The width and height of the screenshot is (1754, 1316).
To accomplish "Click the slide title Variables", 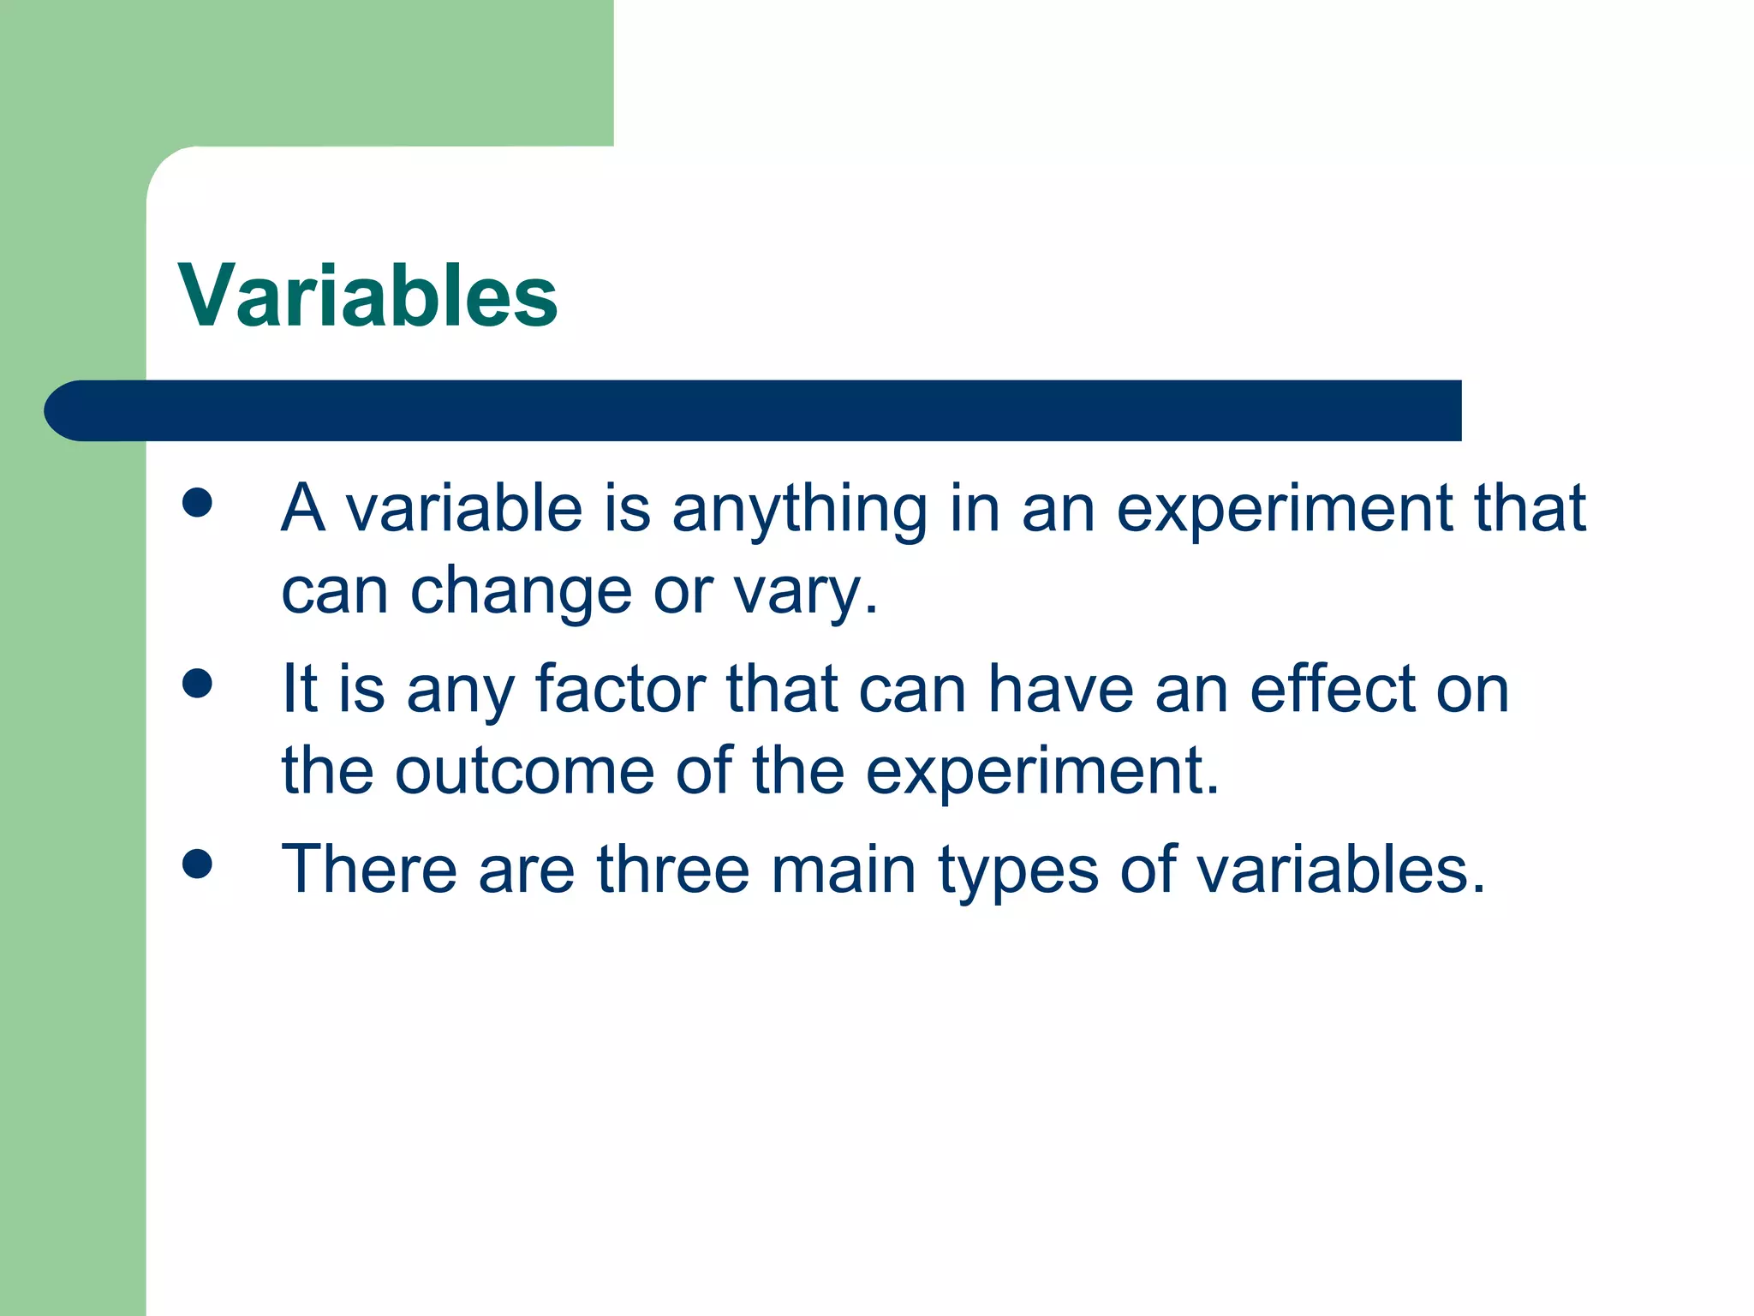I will click(368, 296).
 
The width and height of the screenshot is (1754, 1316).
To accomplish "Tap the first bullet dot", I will click(197, 503).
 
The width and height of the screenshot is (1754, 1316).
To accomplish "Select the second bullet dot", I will click(197, 684).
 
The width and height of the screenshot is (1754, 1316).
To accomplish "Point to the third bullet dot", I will click(197, 864).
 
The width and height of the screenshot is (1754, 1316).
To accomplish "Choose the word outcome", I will click(524, 771).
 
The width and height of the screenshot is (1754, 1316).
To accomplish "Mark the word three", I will click(673, 870).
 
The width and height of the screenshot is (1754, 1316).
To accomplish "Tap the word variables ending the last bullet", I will click(1339, 870).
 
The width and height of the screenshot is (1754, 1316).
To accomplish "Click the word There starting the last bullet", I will click(369, 870).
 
